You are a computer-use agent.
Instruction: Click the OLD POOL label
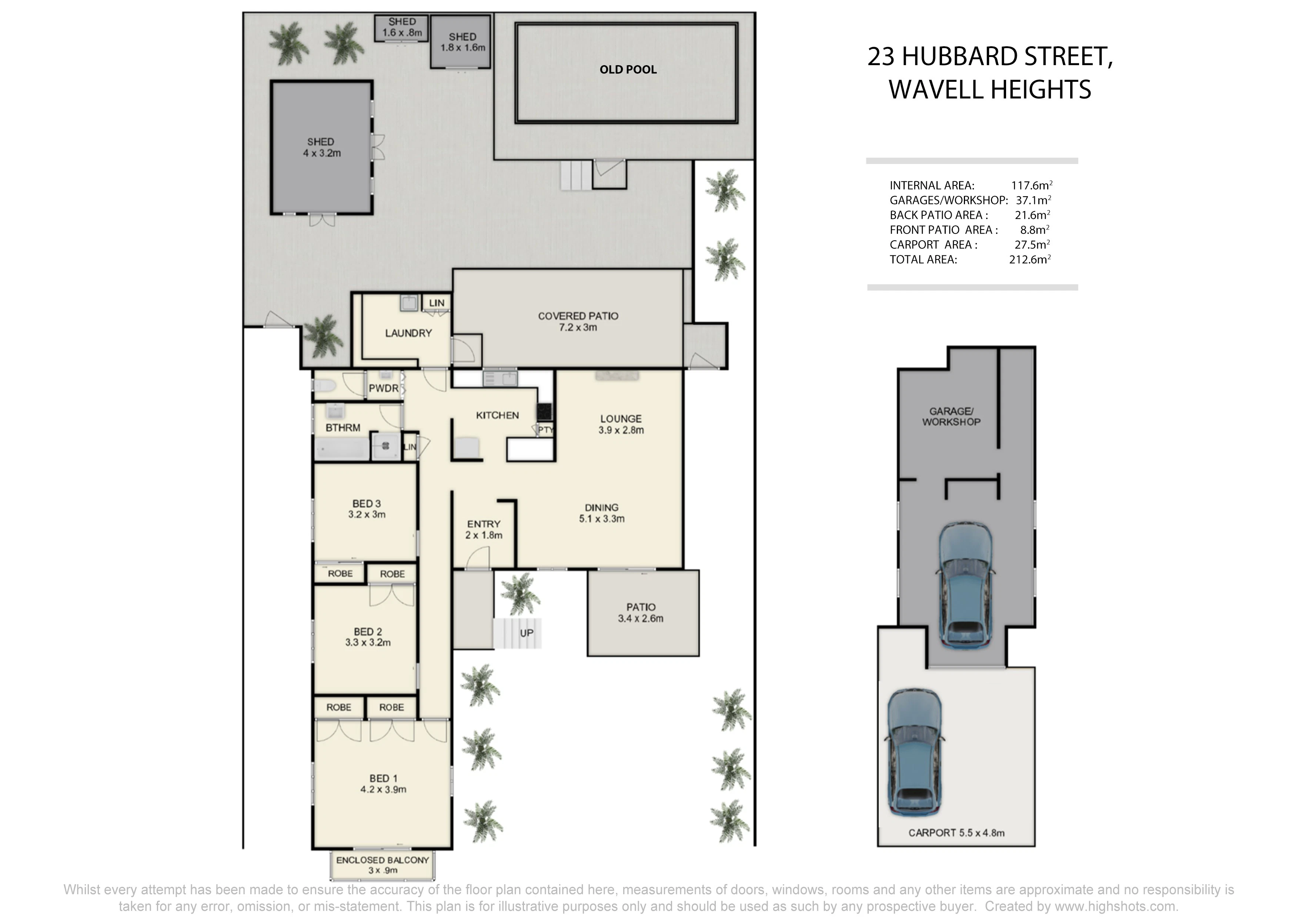628,70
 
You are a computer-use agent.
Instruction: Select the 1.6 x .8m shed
402,28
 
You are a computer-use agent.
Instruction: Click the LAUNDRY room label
408,333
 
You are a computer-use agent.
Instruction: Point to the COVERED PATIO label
578,321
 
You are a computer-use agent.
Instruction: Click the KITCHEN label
497,415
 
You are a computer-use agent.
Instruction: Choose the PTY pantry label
545,430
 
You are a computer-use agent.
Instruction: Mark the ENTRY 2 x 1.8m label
484,529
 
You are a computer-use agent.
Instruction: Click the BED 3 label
367,503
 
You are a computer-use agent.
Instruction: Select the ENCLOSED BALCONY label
383,860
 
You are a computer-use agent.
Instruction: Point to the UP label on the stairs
527,633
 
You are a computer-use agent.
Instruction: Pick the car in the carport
913,752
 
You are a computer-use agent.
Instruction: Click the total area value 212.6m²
1030,259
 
